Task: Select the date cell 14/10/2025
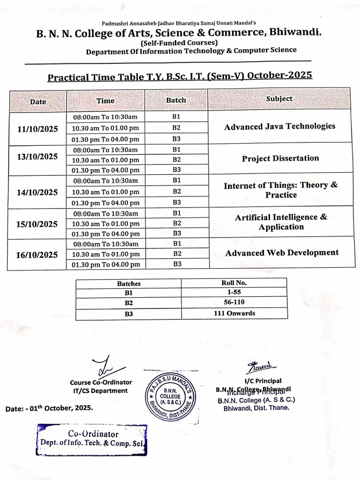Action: [37, 192]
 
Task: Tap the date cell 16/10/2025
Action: [37, 255]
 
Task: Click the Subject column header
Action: [279, 99]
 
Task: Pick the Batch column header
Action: [176, 100]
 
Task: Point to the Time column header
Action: [105, 100]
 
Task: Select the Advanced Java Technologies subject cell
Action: [279, 127]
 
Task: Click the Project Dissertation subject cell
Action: [280, 158]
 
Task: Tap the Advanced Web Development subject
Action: [281, 253]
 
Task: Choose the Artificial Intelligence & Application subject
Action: [281, 222]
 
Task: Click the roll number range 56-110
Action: [234, 302]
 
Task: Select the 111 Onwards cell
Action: [234, 313]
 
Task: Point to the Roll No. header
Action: [234, 283]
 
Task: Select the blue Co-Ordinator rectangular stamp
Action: [92, 439]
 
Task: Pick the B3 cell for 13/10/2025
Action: [177, 170]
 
